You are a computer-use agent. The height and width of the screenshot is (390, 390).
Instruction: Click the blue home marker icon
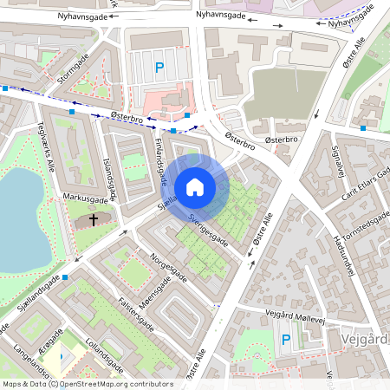[195, 186]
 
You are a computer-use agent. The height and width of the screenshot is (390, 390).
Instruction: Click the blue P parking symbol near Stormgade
[159, 66]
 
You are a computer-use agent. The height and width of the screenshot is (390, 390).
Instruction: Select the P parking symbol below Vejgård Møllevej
[286, 341]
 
